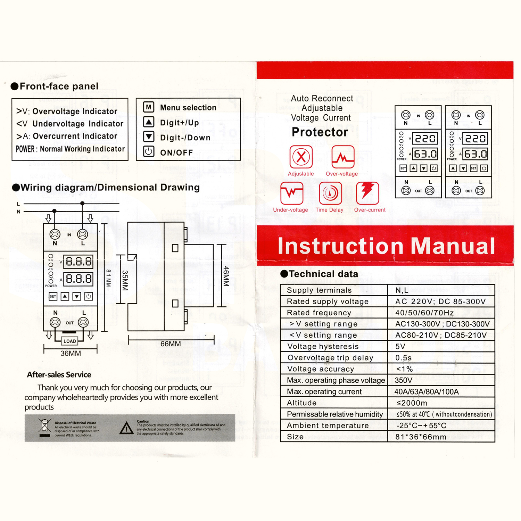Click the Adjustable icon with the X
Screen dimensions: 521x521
[301, 157]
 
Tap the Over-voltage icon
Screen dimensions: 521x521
[343, 157]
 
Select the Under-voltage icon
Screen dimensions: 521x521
[292, 193]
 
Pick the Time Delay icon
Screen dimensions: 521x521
[330, 193]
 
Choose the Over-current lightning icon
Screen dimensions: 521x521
[367, 193]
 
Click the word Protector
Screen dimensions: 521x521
[320, 132]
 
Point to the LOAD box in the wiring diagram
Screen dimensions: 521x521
[70, 341]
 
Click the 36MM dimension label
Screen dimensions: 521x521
[71, 354]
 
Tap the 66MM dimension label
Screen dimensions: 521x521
[171, 344]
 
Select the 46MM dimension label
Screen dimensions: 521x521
[226, 276]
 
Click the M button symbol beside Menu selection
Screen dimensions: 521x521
[149, 107]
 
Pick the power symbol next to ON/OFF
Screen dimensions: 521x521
[149, 152]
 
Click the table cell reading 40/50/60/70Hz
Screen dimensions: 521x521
[424, 313]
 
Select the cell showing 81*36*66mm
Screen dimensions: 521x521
[421, 437]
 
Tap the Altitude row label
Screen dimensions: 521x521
[302, 403]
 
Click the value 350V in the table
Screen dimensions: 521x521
[404, 380]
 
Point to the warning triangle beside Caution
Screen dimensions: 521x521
[126, 428]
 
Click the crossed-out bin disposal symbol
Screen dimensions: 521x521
[45, 427]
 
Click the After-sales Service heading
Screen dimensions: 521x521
[59, 375]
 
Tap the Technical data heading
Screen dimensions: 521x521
[323, 274]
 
